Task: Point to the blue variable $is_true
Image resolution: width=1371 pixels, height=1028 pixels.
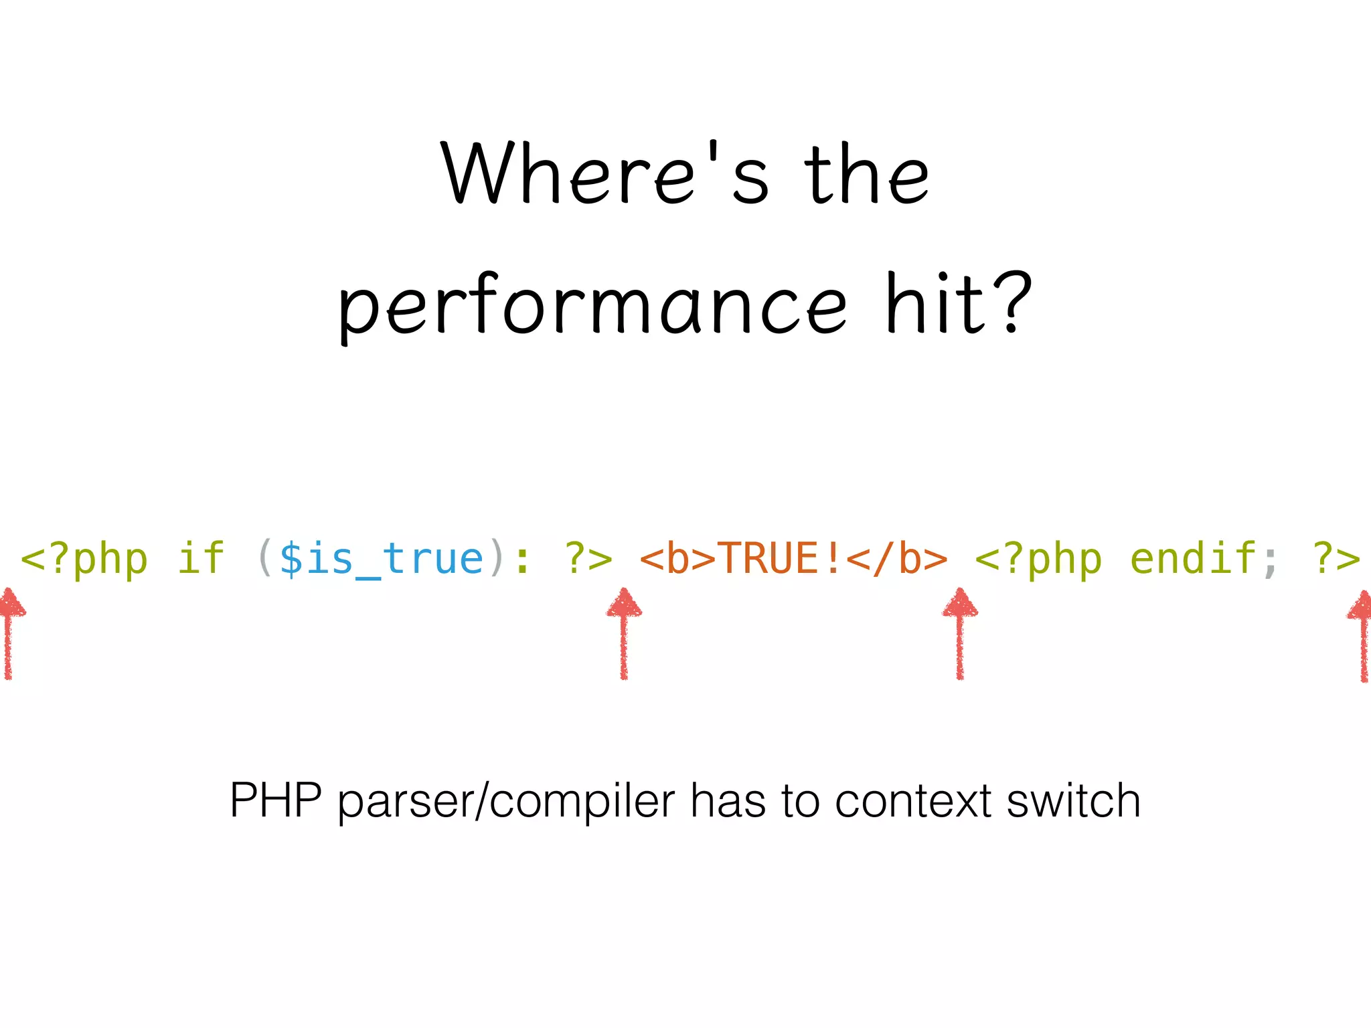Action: (381, 559)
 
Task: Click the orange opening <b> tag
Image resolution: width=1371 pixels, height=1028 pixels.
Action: (678, 559)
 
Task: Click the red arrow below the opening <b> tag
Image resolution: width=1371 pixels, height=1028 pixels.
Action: (624, 632)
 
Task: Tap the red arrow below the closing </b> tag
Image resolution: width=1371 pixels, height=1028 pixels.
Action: (960, 632)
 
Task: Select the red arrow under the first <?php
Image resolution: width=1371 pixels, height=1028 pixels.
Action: (9, 632)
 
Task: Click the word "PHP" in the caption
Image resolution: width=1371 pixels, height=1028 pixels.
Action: (276, 800)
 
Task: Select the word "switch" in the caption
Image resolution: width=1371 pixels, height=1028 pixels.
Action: (1074, 800)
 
